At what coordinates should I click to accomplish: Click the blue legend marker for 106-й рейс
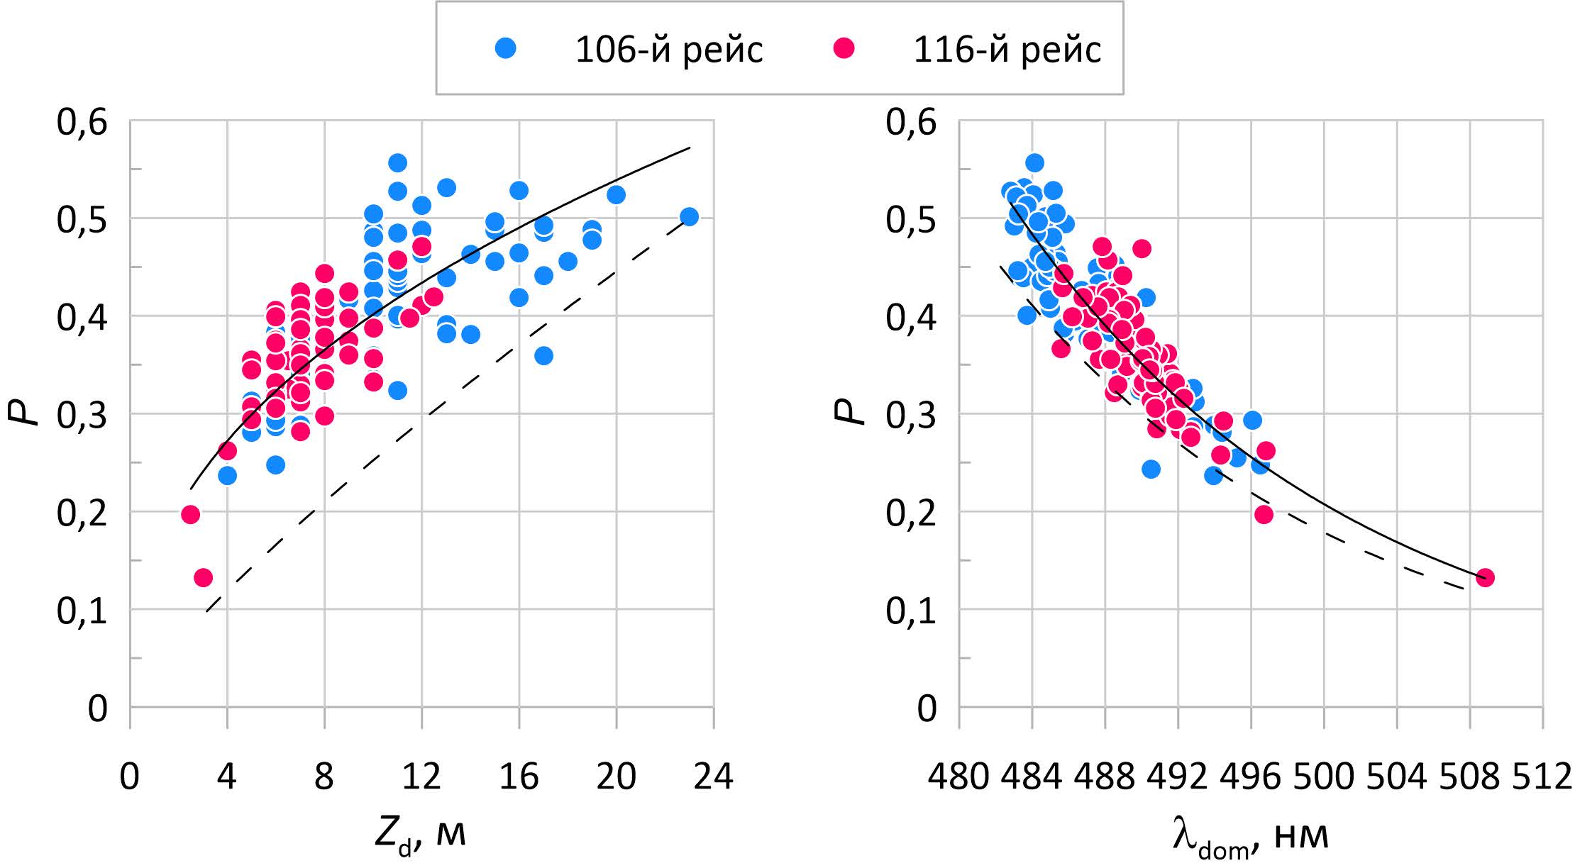point(506,48)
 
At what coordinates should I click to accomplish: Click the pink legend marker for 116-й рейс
point(844,48)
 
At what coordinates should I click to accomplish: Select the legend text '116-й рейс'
point(1007,50)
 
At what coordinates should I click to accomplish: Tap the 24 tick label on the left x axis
point(713,777)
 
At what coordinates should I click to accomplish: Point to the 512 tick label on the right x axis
point(1542,777)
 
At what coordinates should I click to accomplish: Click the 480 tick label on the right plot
point(958,777)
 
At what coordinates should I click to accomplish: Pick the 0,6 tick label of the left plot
point(82,122)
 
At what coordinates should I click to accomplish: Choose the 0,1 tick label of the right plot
point(911,610)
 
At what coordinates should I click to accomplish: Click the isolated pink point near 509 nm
point(1485,577)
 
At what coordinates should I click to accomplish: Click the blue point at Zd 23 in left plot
point(689,216)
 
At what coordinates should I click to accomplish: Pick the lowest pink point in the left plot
point(203,577)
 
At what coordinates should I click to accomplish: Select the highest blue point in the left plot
point(397,162)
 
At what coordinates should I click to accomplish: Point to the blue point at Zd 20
point(616,194)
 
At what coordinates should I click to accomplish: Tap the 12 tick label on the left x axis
point(421,777)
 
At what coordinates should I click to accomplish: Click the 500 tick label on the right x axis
point(1324,777)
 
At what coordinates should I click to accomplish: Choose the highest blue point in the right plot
point(1034,162)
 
